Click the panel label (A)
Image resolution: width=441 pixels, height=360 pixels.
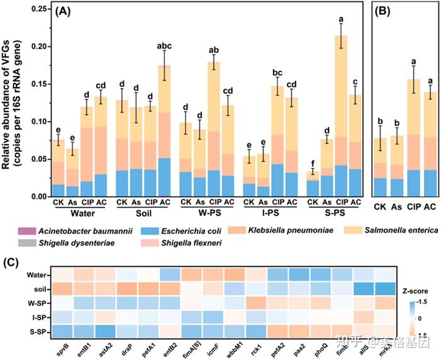(x=65, y=11)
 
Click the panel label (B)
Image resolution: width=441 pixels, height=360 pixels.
(x=384, y=11)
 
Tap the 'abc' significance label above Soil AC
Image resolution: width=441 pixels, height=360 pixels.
(x=164, y=45)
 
